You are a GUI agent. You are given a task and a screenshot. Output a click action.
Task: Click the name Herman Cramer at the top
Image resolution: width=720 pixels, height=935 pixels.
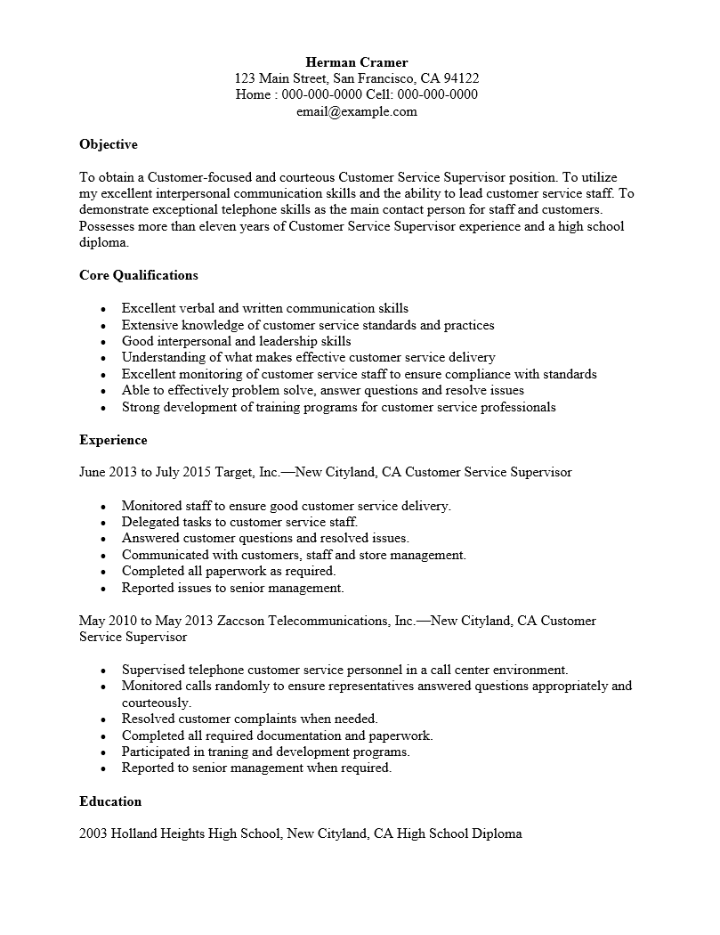(x=356, y=62)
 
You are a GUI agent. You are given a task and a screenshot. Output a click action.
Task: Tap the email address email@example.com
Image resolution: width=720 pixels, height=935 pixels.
(x=356, y=112)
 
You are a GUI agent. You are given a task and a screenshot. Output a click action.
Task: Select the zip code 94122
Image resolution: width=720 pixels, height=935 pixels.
(x=461, y=78)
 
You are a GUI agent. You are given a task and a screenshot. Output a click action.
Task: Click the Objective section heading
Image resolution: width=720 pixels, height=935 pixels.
(x=109, y=144)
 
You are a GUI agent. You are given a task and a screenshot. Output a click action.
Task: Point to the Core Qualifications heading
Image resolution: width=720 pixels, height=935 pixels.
(x=139, y=275)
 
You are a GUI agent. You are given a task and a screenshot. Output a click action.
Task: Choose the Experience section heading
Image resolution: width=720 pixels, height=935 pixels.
(x=113, y=440)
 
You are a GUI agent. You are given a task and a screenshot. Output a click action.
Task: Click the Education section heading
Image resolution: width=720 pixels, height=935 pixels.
(x=110, y=801)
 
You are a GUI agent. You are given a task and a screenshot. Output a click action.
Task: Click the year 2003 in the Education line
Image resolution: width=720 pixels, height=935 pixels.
(x=93, y=834)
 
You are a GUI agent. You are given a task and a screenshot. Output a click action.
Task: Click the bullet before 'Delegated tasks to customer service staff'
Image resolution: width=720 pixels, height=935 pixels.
(x=103, y=524)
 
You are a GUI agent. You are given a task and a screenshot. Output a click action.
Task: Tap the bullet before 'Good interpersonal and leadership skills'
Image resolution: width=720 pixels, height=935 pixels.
(x=103, y=342)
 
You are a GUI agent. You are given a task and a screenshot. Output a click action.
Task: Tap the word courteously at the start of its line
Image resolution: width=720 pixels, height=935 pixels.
(x=157, y=703)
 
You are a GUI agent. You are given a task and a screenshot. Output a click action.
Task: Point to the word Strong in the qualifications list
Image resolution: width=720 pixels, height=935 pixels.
(x=141, y=407)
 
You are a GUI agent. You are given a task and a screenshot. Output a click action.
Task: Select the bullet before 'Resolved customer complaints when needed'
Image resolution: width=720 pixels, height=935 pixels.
(x=103, y=720)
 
